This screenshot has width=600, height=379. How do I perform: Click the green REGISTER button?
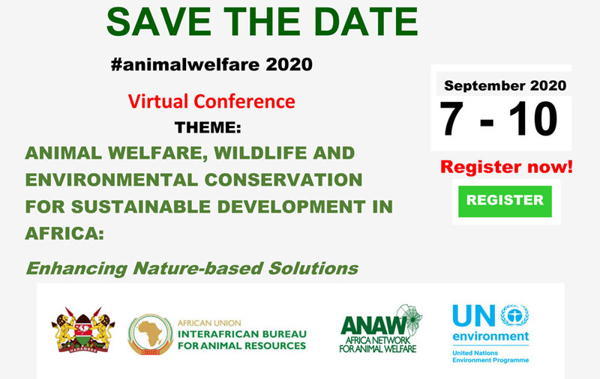pyautogui.click(x=505, y=201)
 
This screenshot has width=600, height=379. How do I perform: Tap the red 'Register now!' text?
pyautogui.click(x=506, y=167)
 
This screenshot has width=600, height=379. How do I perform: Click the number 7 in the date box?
pyautogui.click(x=452, y=119)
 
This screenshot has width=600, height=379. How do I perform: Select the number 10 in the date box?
pyautogui.click(x=533, y=119)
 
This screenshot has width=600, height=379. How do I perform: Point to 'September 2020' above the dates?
pyautogui.click(x=505, y=85)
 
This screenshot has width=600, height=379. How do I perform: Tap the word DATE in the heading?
pyautogui.click(x=366, y=22)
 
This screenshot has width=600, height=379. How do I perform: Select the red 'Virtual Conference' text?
pyautogui.click(x=211, y=101)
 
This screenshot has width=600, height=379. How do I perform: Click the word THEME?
pyautogui.click(x=208, y=127)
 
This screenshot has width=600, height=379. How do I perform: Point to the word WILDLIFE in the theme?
pyautogui.click(x=260, y=154)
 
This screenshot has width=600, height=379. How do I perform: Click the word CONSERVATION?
pyautogui.click(x=283, y=180)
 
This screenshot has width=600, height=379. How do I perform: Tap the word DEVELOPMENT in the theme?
pyautogui.click(x=291, y=207)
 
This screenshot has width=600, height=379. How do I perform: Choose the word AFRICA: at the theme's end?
pyautogui.click(x=64, y=234)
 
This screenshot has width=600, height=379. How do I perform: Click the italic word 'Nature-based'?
pyautogui.click(x=198, y=268)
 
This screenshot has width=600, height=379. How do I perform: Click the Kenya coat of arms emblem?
pyautogui.click(x=83, y=330)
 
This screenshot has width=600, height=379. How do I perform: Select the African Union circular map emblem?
pyautogui.click(x=151, y=334)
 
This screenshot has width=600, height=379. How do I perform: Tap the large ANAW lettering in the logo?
pyautogui.click(x=373, y=326)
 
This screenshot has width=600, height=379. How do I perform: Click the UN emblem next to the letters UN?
pyautogui.click(x=514, y=315)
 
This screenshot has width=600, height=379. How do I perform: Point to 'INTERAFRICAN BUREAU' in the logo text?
pyautogui.click(x=242, y=334)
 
